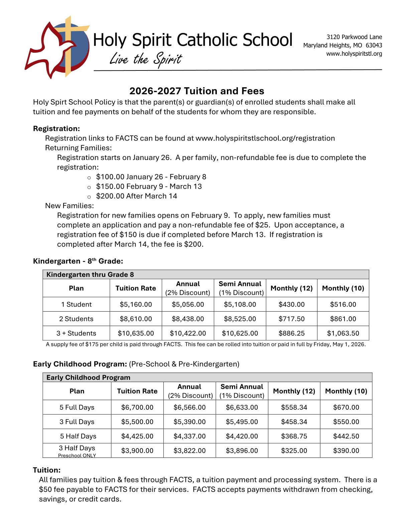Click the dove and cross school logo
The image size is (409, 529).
(57, 47)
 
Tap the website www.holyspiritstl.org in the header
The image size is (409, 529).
(354, 54)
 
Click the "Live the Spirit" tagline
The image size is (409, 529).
(146, 59)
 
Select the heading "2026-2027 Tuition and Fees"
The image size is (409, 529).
(197, 91)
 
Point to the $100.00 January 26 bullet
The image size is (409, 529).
(151, 177)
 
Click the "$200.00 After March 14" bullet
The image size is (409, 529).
(136, 196)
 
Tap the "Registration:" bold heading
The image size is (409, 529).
(56, 129)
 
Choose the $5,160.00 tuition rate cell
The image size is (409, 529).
(136, 305)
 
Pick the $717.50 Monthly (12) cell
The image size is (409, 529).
(291, 319)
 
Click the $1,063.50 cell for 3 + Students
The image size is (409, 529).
(343, 333)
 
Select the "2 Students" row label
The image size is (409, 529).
(76, 319)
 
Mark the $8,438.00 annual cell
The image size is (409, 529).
(188, 319)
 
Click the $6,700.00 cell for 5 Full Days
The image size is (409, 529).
(137, 407)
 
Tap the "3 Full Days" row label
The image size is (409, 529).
(77, 422)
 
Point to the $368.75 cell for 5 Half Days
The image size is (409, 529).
(294, 436)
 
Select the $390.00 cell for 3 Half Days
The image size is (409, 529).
(346, 451)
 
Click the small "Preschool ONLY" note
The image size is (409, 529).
(77, 456)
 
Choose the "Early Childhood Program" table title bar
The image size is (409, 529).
(207, 378)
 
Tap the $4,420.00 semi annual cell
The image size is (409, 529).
(242, 436)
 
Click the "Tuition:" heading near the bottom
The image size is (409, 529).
(47, 470)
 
